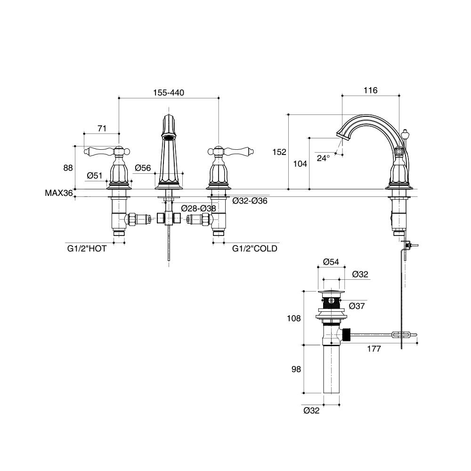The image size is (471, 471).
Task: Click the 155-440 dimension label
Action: click(x=168, y=93)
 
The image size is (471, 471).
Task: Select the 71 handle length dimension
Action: click(x=102, y=128)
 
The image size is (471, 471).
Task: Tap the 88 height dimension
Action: click(x=68, y=168)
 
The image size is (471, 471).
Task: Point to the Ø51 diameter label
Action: click(x=94, y=176)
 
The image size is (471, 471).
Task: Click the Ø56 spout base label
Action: click(x=142, y=168)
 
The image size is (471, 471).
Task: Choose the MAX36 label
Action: click(x=58, y=193)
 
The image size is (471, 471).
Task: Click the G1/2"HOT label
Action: click(x=87, y=248)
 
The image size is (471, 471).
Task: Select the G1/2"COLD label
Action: click(x=255, y=248)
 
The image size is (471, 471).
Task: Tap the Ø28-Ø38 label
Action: click(x=198, y=208)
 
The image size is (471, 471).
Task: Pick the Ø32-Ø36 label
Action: click(x=250, y=201)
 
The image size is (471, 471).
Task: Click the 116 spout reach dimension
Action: click(x=371, y=90)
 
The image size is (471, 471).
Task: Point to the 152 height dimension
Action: click(x=279, y=152)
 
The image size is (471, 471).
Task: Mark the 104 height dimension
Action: click(x=300, y=164)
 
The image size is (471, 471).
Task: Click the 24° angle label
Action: click(x=323, y=158)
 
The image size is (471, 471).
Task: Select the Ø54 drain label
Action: click(x=332, y=262)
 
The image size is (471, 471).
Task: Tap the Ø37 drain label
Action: click(x=357, y=306)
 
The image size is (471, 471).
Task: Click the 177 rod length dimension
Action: click(x=374, y=349)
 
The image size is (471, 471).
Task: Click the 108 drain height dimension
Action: click(x=293, y=318)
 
